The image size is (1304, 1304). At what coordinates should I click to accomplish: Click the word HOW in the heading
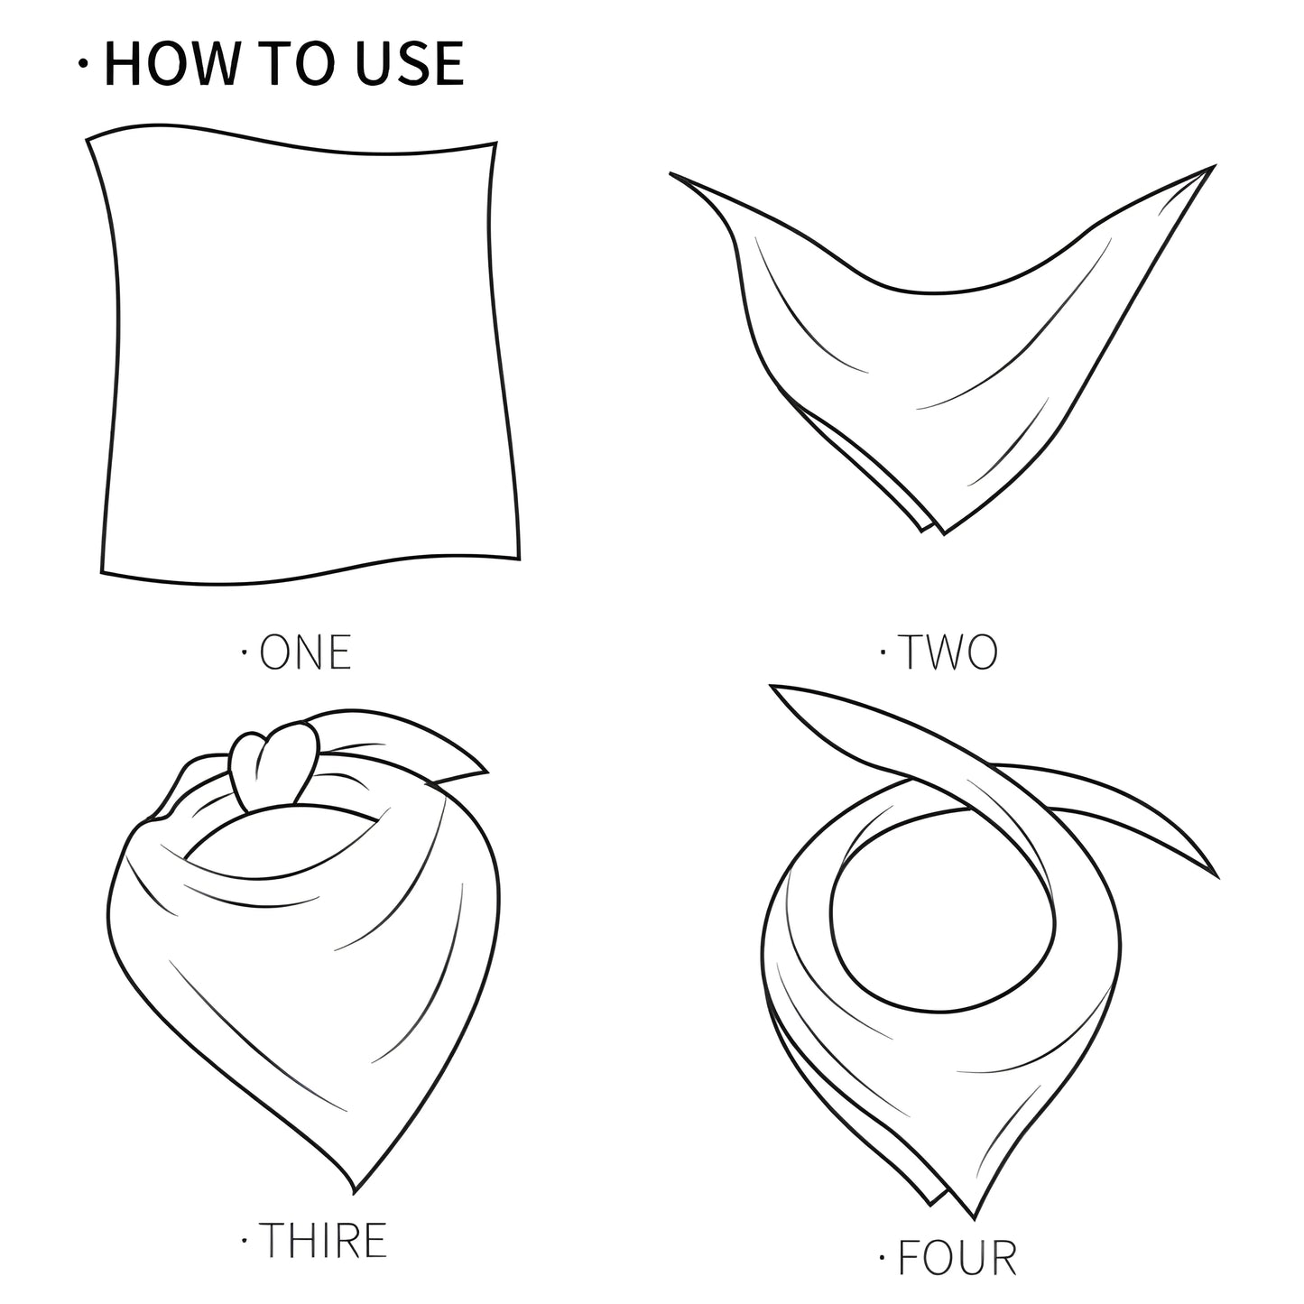[171, 63]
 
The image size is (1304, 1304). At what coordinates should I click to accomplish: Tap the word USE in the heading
[410, 63]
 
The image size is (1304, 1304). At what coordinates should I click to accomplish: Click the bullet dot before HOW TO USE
[83, 63]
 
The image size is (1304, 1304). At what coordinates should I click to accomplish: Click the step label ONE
[305, 652]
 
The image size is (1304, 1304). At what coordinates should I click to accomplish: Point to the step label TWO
[948, 652]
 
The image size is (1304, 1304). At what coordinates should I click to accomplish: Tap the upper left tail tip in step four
[772, 687]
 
